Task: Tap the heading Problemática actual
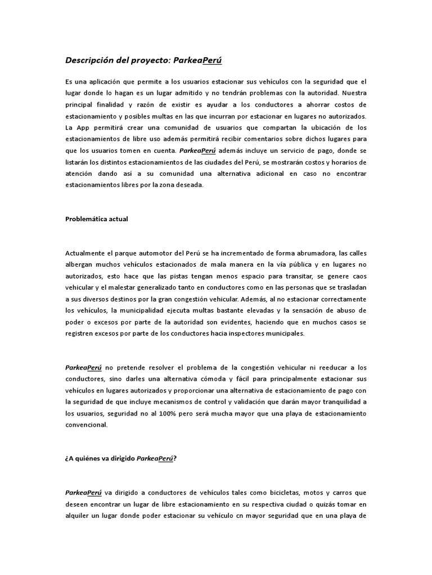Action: pyautogui.click(x=97, y=219)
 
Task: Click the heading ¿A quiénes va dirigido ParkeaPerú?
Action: pyautogui.click(x=121, y=458)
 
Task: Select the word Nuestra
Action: pyautogui.click(x=354, y=93)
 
